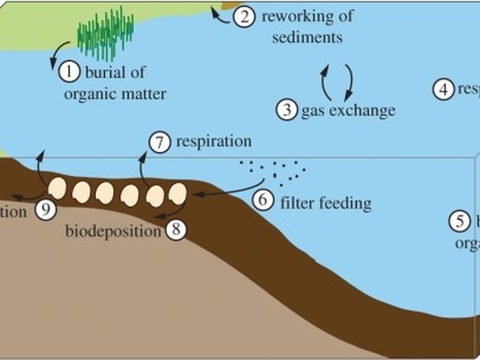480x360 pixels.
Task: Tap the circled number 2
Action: click(243, 16)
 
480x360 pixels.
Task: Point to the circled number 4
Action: click(443, 89)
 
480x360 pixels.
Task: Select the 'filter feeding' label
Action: click(326, 203)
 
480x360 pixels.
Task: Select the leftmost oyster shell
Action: click(58, 189)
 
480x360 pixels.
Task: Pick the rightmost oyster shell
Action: click(177, 193)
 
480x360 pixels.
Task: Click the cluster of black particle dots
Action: click(273, 169)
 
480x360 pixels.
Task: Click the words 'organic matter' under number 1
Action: click(124, 94)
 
